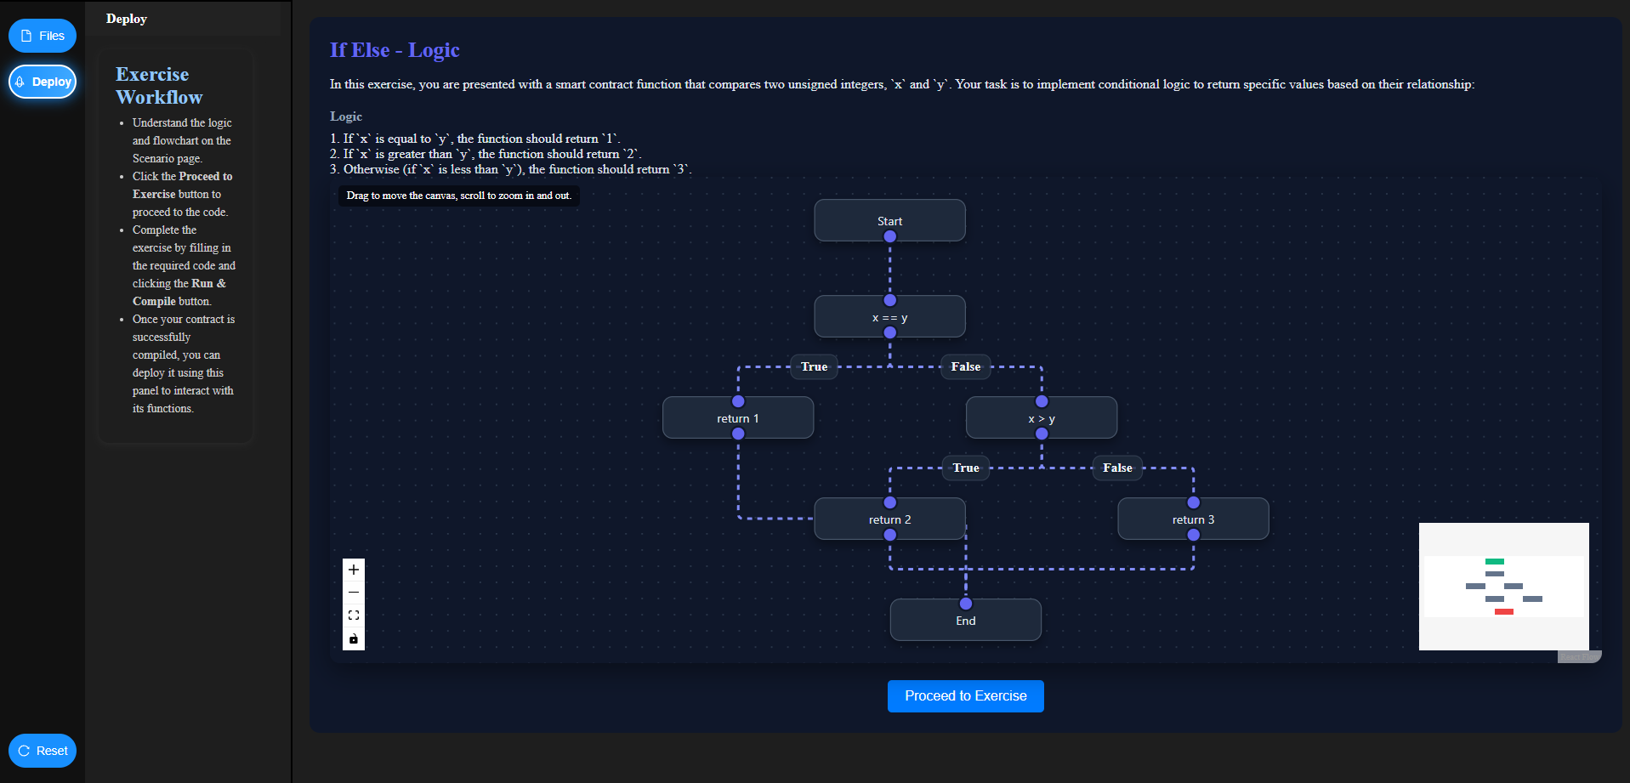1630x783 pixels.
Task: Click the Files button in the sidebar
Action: click(43, 36)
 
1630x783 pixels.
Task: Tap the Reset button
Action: click(43, 751)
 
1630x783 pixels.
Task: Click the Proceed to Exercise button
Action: click(965, 696)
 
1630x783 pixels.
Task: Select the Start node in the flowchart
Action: click(889, 221)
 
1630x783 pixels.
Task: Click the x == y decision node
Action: click(889, 317)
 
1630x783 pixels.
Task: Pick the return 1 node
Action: click(737, 418)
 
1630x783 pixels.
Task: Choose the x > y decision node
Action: click(1041, 418)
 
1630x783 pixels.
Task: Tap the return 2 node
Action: click(889, 519)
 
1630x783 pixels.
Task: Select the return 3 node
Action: click(1193, 519)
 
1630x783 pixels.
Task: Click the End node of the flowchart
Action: click(965, 621)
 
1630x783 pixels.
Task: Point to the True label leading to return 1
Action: click(814, 366)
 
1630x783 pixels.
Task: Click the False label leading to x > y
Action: click(965, 366)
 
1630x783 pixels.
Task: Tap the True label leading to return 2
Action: click(965, 468)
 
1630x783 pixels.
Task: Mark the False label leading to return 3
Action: click(1117, 468)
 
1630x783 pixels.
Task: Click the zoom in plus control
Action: click(354, 570)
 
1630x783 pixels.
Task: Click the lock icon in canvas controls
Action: click(354, 638)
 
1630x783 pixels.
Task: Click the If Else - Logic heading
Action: click(395, 50)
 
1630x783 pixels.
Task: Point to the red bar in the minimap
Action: click(1503, 612)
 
